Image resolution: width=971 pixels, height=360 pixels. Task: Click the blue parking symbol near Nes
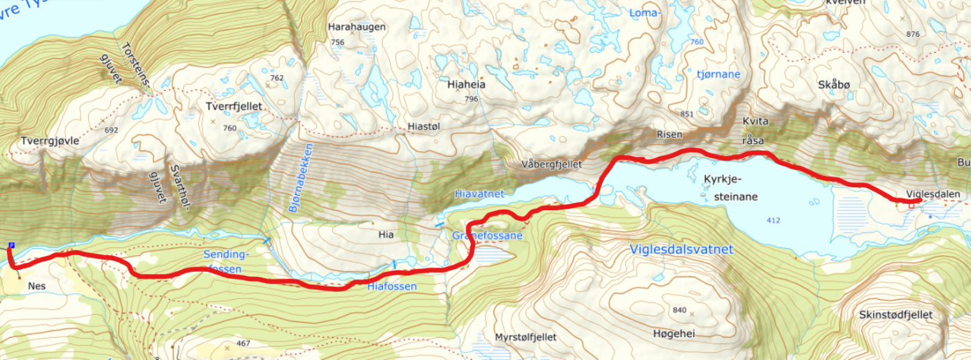[x=11, y=246]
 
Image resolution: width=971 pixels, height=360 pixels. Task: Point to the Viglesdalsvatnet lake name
[x=680, y=250]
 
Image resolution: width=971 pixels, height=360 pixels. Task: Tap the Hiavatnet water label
[x=479, y=194]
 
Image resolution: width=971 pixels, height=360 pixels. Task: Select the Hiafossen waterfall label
[x=392, y=286]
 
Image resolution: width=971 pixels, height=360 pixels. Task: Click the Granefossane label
[x=487, y=236]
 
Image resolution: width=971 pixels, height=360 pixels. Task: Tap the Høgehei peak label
[x=673, y=334]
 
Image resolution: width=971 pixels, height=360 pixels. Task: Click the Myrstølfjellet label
[x=526, y=337]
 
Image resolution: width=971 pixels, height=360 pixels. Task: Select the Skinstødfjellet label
[x=895, y=315]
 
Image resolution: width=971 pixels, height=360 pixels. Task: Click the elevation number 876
[x=912, y=34]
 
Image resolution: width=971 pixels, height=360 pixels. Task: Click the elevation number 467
[x=242, y=343]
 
